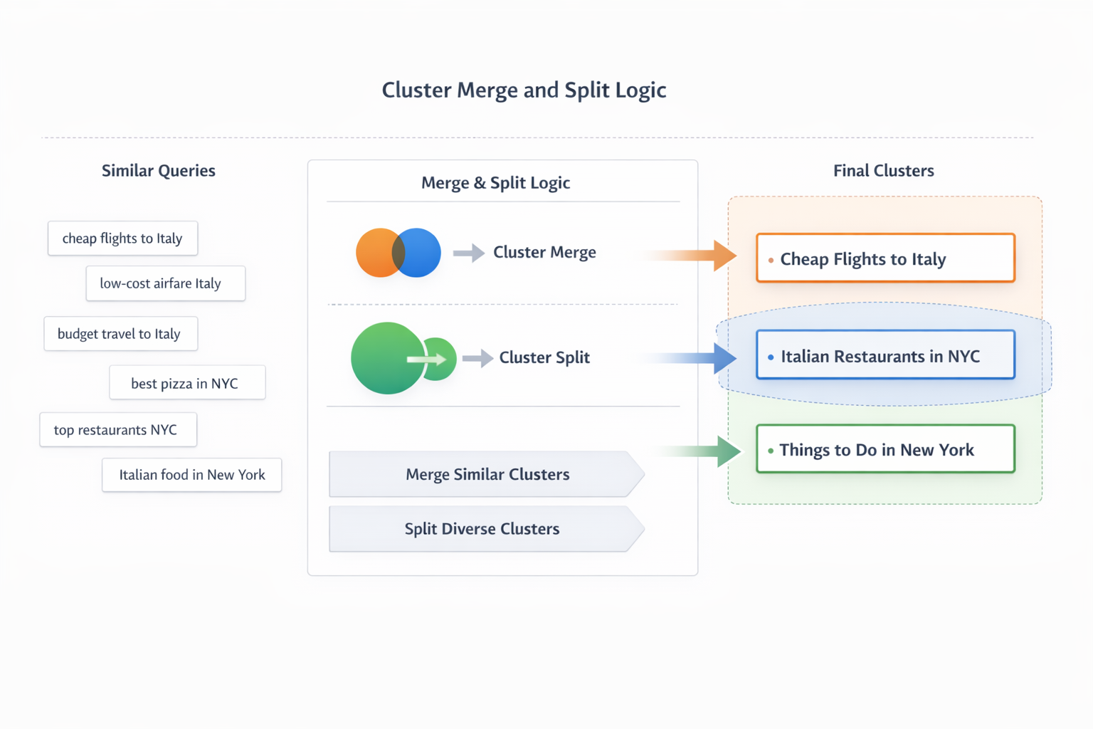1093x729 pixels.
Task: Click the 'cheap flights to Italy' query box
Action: point(122,238)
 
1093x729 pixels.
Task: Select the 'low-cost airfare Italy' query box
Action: point(165,283)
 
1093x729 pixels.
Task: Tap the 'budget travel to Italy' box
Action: point(120,334)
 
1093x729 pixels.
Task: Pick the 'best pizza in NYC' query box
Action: point(187,383)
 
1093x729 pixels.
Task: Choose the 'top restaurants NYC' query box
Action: point(118,430)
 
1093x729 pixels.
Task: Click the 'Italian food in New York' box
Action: point(191,475)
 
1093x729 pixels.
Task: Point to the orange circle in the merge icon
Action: point(374,253)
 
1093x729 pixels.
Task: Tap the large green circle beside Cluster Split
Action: point(383,358)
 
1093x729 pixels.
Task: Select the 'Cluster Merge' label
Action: point(544,252)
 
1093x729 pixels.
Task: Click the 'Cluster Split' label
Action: point(544,357)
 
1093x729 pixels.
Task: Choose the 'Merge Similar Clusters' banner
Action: point(487,474)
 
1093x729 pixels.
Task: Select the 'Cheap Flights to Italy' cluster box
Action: point(885,258)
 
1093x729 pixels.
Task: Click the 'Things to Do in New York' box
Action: point(885,449)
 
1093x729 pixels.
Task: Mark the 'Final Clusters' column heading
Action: point(883,171)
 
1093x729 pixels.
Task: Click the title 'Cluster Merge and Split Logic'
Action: point(524,90)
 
